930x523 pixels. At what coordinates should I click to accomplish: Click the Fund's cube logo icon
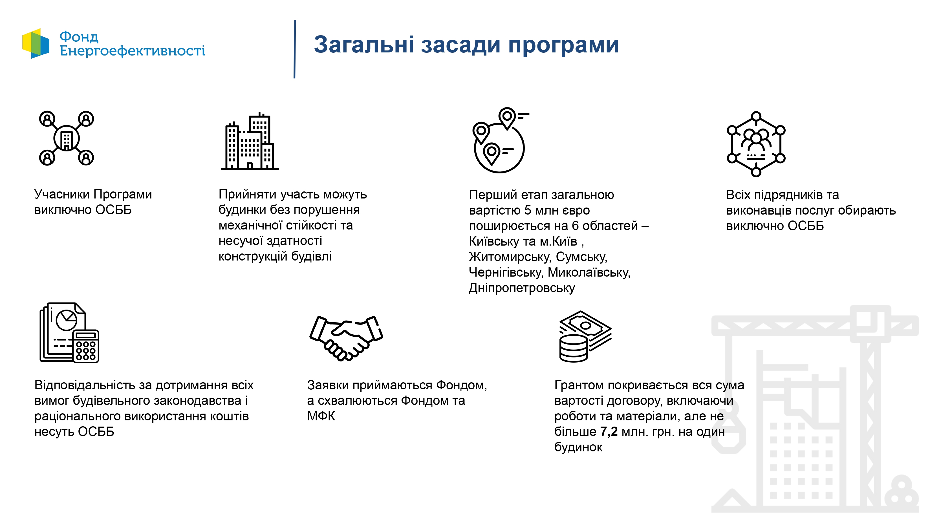36,43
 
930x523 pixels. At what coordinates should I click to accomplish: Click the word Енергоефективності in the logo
133,51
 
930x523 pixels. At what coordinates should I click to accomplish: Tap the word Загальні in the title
363,45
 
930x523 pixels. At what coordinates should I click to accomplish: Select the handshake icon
346,338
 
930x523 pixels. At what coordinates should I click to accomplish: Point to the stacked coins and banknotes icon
585,336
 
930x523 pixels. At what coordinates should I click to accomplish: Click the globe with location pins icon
500,140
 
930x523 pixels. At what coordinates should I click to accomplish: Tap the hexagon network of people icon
756,144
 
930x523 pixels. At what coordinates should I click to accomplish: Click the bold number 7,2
609,431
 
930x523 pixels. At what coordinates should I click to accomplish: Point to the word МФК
321,416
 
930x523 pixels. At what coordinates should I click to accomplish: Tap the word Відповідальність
85,385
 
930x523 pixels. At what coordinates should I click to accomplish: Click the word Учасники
62,194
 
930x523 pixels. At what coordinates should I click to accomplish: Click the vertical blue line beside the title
295,49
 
